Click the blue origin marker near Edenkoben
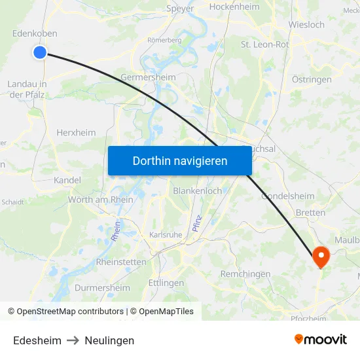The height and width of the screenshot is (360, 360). click(x=40, y=52)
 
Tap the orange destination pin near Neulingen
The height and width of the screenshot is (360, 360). click(x=321, y=256)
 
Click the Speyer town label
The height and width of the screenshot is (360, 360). click(x=181, y=9)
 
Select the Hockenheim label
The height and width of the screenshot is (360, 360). click(x=234, y=7)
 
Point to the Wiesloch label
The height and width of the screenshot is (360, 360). click(x=306, y=25)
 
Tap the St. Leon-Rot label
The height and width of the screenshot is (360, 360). click(x=264, y=45)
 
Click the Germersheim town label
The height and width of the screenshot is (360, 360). click(x=148, y=77)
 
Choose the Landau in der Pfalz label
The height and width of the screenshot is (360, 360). click(x=27, y=89)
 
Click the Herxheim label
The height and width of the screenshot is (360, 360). click(x=76, y=132)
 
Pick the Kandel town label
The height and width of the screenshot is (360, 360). click(x=67, y=180)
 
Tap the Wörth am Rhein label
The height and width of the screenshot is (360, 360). click(x=100, y=200)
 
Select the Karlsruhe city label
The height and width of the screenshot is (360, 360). click(x=165, y=235)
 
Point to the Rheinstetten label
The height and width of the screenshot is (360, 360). click(x=121, y=261)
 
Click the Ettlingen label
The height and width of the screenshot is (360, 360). click(x=166, y=283)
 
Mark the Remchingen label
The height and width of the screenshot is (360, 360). click(x=245, y=274)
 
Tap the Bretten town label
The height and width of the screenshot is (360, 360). click(x=310, y=213)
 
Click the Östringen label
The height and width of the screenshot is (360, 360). click(x=312, y=79)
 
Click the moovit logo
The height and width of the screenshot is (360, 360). click(x=320, y=340)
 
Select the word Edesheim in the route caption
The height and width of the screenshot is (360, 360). click(x=37, y=340)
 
